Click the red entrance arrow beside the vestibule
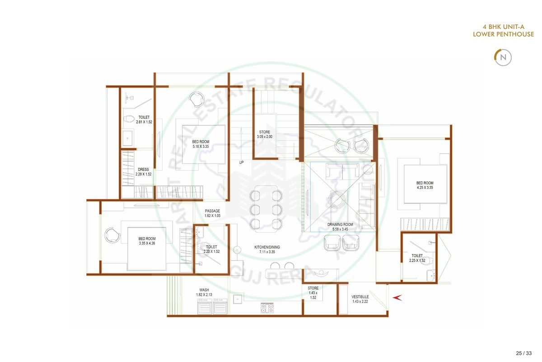click(x=397, y=297)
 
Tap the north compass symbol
click(x=503, y=57)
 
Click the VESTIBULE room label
click(x=360, y=297)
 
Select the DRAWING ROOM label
click(x=340, y=224)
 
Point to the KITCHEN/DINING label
click(x=267, y=247)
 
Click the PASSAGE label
click(x=212, y=211)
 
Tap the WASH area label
click(x=204, y=290)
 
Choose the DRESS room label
click(x=143, y=170)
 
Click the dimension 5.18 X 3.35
click(x=201, y=147)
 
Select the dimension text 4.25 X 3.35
click(x=425, y=187)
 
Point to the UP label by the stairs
click(x=241, y=162)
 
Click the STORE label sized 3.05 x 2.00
click(x=265, y=132)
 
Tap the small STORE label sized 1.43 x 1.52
click(x=313, y=288)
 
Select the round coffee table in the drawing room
click(x=337, y=200)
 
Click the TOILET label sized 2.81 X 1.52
click(x=144, y=117)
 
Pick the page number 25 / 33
click(x=523, y=353)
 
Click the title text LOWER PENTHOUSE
click(x=503, y=34)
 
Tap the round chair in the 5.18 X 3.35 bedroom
click(x=196, y=99)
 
